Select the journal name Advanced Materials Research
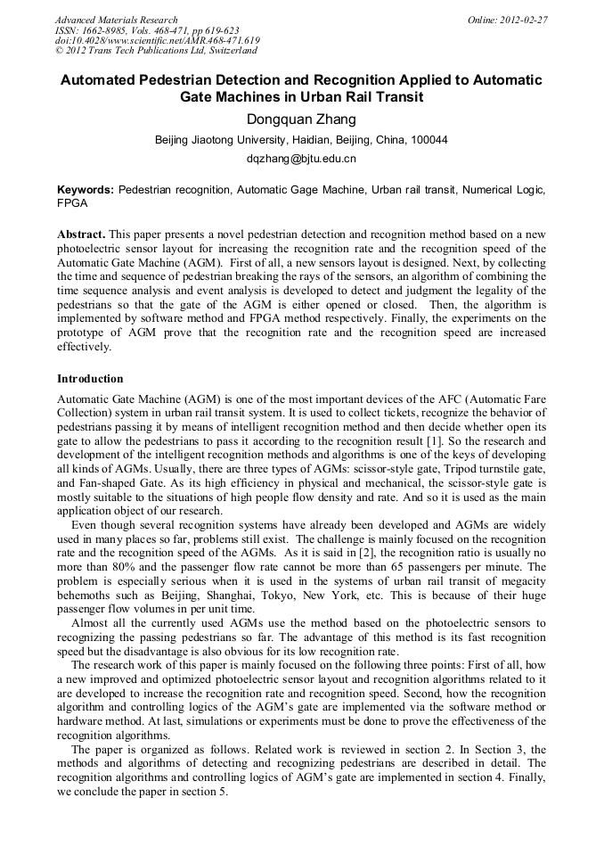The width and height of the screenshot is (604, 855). (x=116, y=20)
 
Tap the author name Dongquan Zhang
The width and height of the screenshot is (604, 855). (x=301, y=120)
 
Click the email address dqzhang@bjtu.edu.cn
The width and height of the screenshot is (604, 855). (x=301, y=159)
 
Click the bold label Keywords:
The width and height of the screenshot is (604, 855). (x=85, y=191)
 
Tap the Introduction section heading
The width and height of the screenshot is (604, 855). (x=92, y=379)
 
